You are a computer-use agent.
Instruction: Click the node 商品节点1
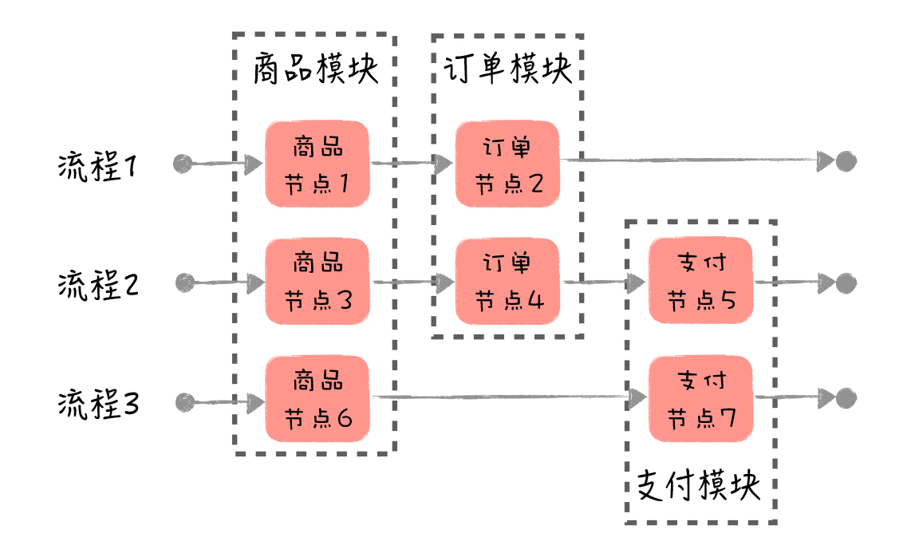317,164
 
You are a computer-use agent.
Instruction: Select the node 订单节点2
507,164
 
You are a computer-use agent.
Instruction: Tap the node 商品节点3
317,282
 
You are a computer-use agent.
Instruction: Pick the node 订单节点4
507,282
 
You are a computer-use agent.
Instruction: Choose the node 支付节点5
700,281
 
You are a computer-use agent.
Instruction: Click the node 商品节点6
317,399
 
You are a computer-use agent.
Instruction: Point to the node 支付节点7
700,399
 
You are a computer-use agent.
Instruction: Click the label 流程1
98,168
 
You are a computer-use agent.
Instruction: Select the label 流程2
98,285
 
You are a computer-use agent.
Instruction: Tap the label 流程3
98,403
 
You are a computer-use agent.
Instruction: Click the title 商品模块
314,69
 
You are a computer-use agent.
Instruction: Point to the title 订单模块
507,69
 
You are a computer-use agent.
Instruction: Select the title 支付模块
699,485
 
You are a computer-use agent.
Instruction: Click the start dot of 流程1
183,164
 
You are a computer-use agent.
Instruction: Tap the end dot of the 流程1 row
846,162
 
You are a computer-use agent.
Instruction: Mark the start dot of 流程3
185,401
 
